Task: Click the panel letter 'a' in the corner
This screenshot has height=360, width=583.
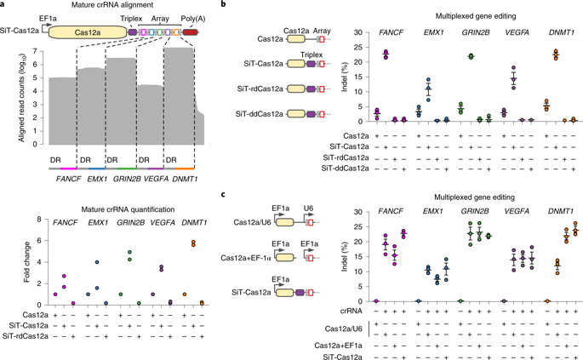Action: click(x=5, y=6)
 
